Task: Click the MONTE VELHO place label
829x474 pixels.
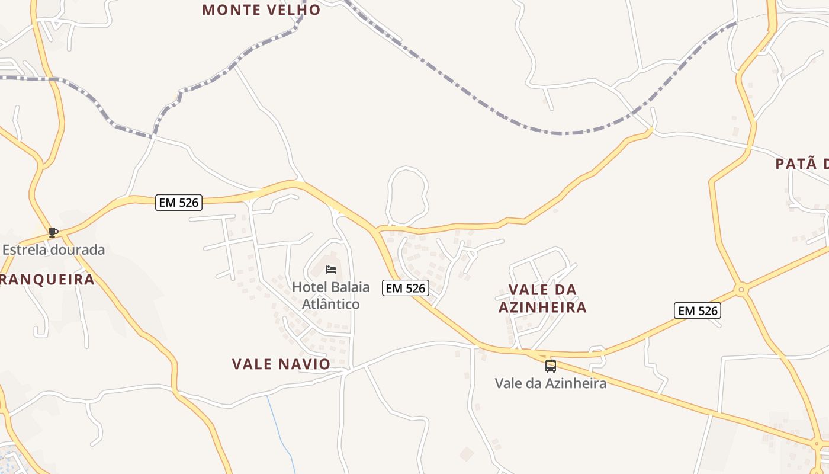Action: click(x=261, y=9)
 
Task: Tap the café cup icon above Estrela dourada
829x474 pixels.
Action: click(x=53, y=232)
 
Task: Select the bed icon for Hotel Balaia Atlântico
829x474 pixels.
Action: click(x=331, y=270)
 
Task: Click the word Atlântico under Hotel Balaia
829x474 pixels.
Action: click(x=331, y=304)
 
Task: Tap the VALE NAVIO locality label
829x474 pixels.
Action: click(x=281, y=364)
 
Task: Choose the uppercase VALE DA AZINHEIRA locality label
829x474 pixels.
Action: click(x=542, y=298)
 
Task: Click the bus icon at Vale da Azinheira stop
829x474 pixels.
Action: click(x=551, y=366)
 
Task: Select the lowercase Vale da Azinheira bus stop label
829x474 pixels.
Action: click(x=551, y=383)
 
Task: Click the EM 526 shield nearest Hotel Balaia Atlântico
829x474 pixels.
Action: click(x=406, y=288)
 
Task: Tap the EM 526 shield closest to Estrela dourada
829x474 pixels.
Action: click(x=179, y=203)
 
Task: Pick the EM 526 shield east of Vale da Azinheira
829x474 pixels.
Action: click(x=698, y=310)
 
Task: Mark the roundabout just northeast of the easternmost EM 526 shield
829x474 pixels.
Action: click(x=741, y=290)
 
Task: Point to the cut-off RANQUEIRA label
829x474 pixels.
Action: click(x=47, y=280)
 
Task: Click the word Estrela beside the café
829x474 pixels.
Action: click(x=24, y=249)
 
